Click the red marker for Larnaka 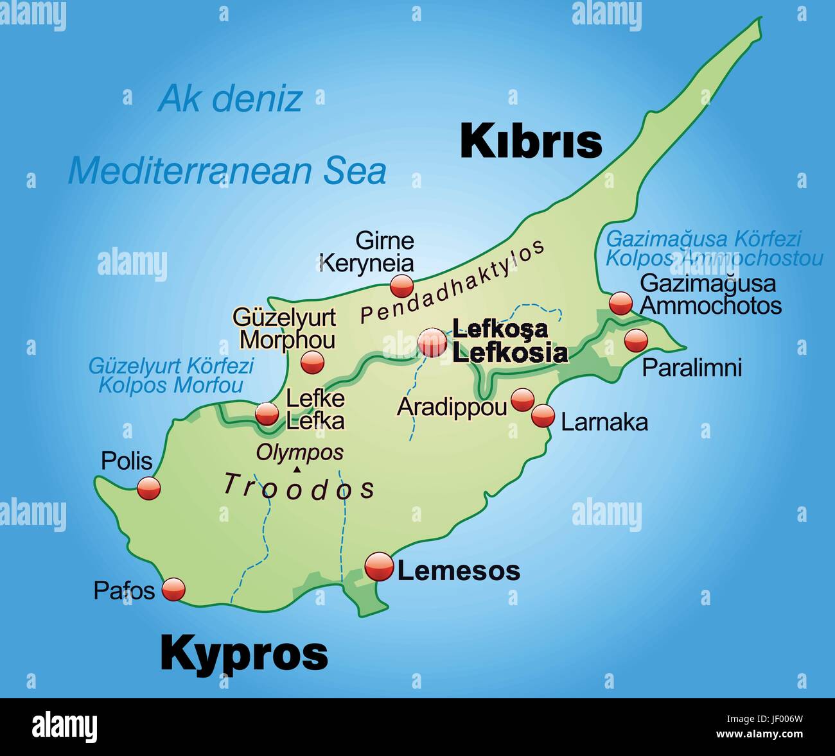coord(543,416)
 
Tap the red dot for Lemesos coord(378,567)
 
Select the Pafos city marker coord(173,588)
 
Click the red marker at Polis coord(148,488)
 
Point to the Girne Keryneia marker coord(402,286)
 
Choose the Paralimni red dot coord(636,340)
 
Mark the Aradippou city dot coord(522,400)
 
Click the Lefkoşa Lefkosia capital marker coord(432,343)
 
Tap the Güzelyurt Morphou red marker coord(313,363)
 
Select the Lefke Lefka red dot coord(267,414)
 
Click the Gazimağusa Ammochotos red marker coord(620,302)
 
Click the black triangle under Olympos coord(297,470)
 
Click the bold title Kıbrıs coord(531,141)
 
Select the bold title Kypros coord(244,653)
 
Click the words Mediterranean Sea coord(227,171)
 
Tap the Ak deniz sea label coord(230,98)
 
